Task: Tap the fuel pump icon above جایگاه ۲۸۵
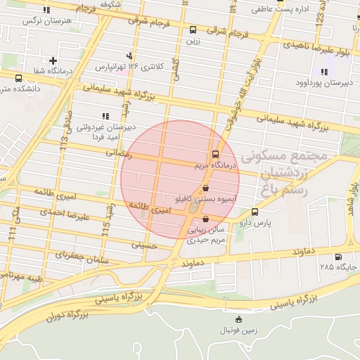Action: [340, 257]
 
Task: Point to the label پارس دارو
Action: [274, 222]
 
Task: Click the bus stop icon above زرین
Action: [193, 30]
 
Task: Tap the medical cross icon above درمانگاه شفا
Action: [53, 61]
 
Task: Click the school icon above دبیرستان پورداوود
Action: [324, 72]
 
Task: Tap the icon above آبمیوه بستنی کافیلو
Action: [205, 188]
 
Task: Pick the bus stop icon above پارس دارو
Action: [255, 211]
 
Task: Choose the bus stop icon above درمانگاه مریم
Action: [214, 155]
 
